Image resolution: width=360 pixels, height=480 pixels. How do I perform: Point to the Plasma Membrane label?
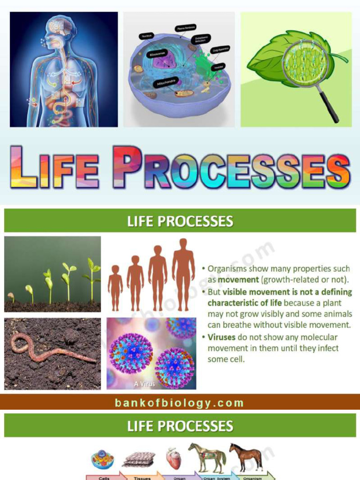coord(186,28)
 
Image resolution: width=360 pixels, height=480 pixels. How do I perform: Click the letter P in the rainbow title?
coord(127,167)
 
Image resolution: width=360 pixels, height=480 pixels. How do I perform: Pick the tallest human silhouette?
coord(183,274)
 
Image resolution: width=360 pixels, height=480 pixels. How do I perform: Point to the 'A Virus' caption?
coord(144,383)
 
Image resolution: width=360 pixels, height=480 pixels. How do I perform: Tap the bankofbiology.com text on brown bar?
coord(180,403)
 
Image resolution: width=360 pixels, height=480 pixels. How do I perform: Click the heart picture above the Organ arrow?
coord(173,458)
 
